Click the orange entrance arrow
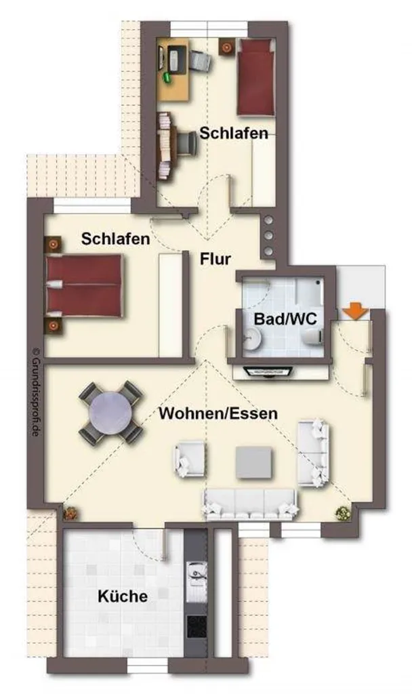[356, 310]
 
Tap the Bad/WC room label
[285, 319]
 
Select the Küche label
[123, 596]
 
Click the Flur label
[215, 258]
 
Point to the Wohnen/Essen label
[218, 413]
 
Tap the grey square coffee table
[253, 462]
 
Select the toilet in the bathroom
[312, 338]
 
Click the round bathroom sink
[253, 338]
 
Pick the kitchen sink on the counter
[197, 574]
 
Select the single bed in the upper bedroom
[256, 77]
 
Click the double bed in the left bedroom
[83, 285]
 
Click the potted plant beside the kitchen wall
[70, 514]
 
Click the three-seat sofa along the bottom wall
[249, 504]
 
